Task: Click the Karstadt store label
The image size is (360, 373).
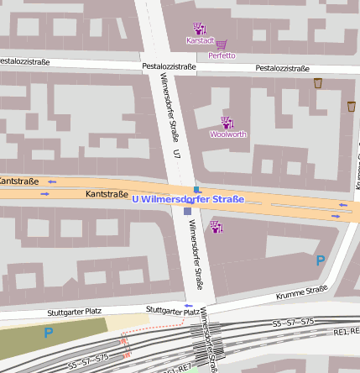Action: click(x=201, y=40)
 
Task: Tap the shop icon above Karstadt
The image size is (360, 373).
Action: click(x=199, y=29)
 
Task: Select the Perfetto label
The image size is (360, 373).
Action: click(x=222, y=55)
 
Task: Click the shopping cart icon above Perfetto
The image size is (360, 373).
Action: click(x=222, y=45)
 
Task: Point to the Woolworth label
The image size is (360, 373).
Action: click(x=227, y=134)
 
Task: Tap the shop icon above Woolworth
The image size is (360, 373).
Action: click(x=226, y=123)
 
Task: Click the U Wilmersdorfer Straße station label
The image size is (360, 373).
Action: click(x=188, y=200)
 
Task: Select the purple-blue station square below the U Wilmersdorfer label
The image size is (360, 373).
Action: click(x=187, y=212)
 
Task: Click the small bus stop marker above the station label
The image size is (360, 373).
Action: click(x=197, y=190)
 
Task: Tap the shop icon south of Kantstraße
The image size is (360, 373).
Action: click(x=216, y=226)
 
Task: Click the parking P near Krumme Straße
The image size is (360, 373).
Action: click(x=320, y=261)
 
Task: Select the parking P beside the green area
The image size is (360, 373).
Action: click(x=48, y=334)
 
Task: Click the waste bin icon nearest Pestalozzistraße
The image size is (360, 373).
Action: click(x=318, y=83)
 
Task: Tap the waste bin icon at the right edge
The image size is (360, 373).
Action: click(x=352, y=107)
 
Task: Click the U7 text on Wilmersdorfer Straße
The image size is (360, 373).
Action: click(x=176, y=153)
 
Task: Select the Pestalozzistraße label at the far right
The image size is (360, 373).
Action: click(x=282, y=68)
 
